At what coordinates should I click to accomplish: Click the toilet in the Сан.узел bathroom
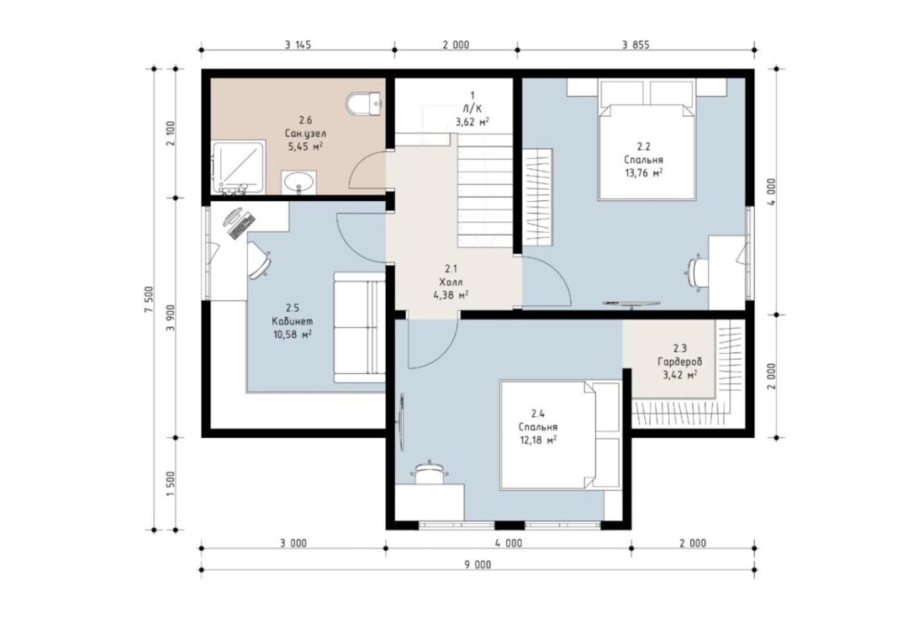(x=365, y=105)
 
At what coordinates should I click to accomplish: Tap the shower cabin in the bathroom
(x=239, y=167)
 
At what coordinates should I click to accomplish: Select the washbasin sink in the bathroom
(x=298, y=182)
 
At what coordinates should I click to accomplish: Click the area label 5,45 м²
(x=305, y=146)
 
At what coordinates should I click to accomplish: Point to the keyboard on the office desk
(x=241, y=226)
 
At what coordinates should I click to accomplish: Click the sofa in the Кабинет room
(x=359, y=327)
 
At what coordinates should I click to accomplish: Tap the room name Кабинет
(x=293, y=321)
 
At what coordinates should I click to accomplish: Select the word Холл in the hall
(x=451, y=282)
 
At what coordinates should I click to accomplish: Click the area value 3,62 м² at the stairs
(x=473, y=121)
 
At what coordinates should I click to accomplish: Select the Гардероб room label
(x=679, y=362)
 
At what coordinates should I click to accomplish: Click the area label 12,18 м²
(x=537, y=441)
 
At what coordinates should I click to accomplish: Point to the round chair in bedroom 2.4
(x=429, y=473)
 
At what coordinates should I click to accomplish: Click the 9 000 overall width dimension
(x=478, y=565)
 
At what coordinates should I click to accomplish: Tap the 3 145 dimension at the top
(x=298, y=45)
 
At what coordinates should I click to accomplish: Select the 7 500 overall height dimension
(x=149, y=298)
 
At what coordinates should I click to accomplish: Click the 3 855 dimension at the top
(x=636, y=45)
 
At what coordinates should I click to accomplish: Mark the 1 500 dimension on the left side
(x=170, y=484)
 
